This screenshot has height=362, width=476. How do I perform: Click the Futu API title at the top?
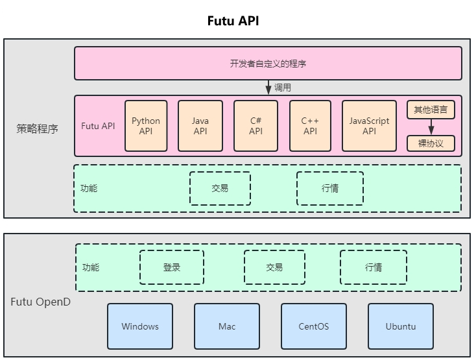(x=233, y=21)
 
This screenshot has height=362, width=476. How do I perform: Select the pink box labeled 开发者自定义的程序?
(x=268, y=64)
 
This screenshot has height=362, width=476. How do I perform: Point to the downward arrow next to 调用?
(x=268, y=87)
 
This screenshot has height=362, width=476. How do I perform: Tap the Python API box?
(x=146, y=126)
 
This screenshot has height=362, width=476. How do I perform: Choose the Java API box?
(x=200, y=126)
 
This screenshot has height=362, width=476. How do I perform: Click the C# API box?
(x=256, y=126)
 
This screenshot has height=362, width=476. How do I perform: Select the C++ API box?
(x=311, y=126)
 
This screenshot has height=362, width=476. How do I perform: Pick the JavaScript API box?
(x=369, y=126)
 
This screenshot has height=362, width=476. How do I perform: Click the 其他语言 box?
(x=431, y=110)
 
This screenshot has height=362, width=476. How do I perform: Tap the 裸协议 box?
(x=431, y=143)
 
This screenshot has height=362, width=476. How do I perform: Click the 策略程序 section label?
(x=37, y=128)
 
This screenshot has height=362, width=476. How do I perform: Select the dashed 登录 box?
(x=172, y=267)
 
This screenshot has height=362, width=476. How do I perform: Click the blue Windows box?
(x=140, y=326)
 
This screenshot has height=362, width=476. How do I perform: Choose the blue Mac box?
(x=227, y=326)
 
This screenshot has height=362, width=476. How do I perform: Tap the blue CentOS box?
(x=314, y=326)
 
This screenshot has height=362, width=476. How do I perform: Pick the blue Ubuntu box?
(x=401, y=326)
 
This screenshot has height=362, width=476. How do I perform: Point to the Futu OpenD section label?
(x=40, y=302)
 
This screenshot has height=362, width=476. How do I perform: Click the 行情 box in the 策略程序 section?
(x=330, y=188)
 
